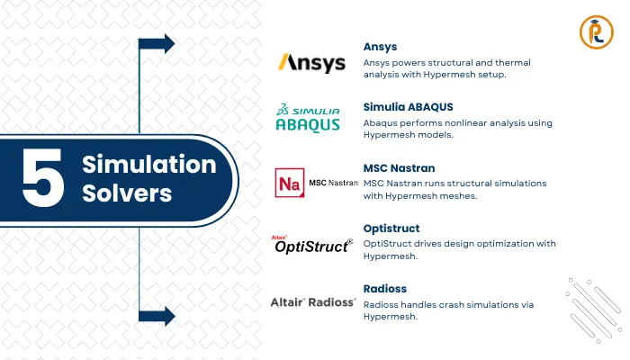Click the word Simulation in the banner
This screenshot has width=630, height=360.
149,165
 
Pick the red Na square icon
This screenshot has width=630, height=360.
289,183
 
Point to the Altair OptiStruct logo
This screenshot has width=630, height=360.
311,244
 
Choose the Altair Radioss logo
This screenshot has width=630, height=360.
311,302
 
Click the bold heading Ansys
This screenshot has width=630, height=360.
380,46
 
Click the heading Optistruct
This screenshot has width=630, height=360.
391,228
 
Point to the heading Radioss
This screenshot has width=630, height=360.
386,288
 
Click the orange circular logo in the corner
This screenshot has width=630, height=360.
593,31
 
